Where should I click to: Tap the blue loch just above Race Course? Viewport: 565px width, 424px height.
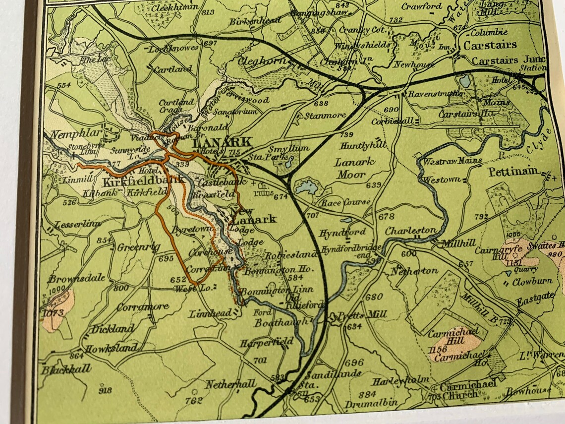[x=306, y=187]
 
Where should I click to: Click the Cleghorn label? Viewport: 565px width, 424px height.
[x=263, y=61]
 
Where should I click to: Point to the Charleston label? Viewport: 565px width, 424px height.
[x=411, y=231]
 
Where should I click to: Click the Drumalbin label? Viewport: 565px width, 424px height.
[x=378, y=403]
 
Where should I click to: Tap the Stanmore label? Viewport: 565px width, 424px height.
[x=325, y=115]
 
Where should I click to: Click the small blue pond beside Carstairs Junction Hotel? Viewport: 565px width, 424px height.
[x=464, y=81]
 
